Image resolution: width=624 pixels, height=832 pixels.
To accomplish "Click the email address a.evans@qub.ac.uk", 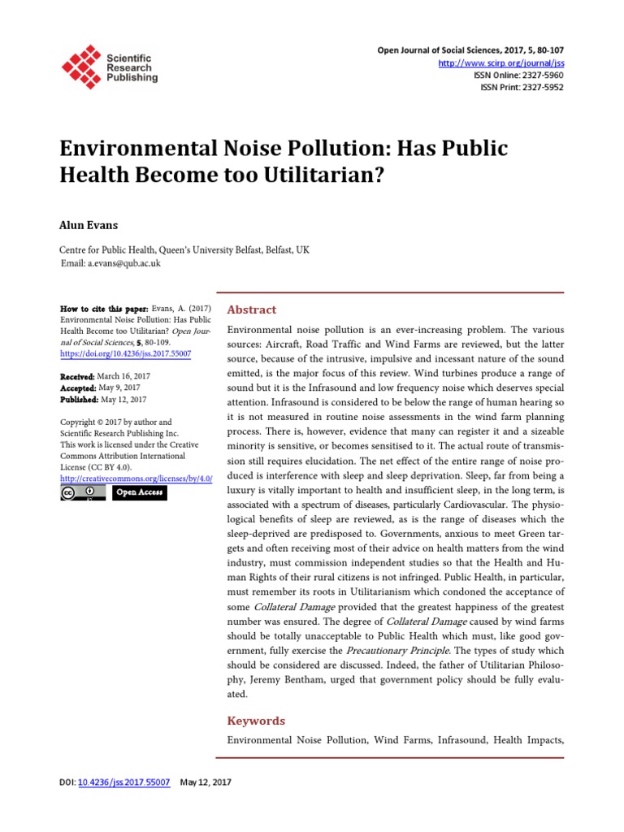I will click(x=124, y=263).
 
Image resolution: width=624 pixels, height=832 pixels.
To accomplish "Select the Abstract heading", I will click(x=252, y=310).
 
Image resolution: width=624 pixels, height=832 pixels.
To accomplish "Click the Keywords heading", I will click(x=256, y=721).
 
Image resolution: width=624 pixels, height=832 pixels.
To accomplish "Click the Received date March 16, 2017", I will click(x=123, y=376).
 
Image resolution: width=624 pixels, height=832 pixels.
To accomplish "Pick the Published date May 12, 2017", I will click(x=123, y=399).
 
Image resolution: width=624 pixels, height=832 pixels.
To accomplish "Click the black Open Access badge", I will click(x=140, y=492).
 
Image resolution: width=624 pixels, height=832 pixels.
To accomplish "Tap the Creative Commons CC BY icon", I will click(x=83, y=492).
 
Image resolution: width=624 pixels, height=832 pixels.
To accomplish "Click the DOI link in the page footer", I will click(x=123, y=782).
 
